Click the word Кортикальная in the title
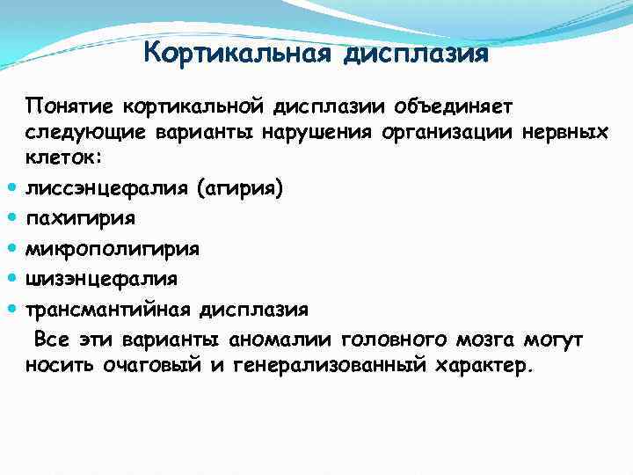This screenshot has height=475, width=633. click(236, 55)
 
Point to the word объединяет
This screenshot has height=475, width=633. click(461, 106)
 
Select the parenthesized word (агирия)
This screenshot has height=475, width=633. click(243, 188)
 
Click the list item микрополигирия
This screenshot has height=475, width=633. click(113, 249)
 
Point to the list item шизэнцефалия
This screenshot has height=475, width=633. click(101, 279)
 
